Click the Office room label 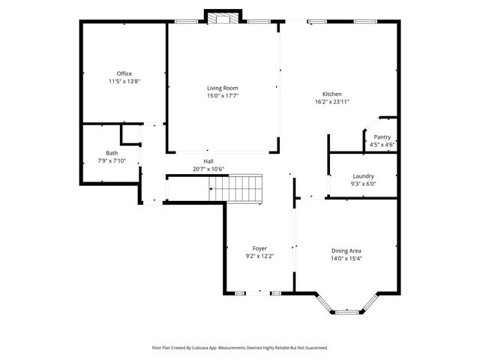124,73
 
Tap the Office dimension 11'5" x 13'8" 124,81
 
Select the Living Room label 223,88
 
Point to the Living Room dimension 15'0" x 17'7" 223,95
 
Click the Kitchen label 331,94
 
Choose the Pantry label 382,136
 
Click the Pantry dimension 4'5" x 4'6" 382,144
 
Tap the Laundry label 363,176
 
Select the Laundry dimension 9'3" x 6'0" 363,184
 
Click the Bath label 112,153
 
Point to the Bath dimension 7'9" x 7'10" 112,160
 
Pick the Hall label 208,161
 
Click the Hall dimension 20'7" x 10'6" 208,169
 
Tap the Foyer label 259,248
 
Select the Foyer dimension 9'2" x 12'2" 259,256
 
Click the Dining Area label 346,250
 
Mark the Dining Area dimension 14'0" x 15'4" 346,258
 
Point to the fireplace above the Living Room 223,18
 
